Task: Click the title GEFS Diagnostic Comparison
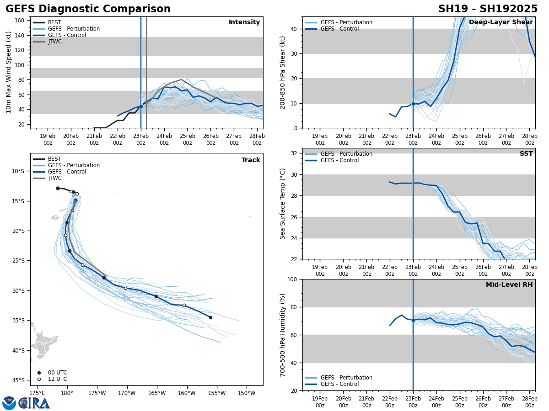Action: tap(88, 9)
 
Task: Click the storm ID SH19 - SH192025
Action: tap(488, 9)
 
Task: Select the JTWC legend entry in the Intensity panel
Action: tap(54, 42)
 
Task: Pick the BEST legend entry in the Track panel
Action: tap(54, 159)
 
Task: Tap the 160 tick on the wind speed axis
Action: tap(20, 21)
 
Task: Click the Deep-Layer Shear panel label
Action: tap(501, 22)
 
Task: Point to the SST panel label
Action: tap(526, 154)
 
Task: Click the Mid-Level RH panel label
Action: tap(509, 285)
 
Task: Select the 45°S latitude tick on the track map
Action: tap(18, 380)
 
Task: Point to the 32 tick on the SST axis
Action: tap(295, 153)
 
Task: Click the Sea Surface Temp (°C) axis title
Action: tap(283, 204)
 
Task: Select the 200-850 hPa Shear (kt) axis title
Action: tap(283, 72)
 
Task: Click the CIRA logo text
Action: tap(35, 403)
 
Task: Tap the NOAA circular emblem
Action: tap(9, 403)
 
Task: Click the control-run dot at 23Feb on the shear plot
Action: tap(413, 104)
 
